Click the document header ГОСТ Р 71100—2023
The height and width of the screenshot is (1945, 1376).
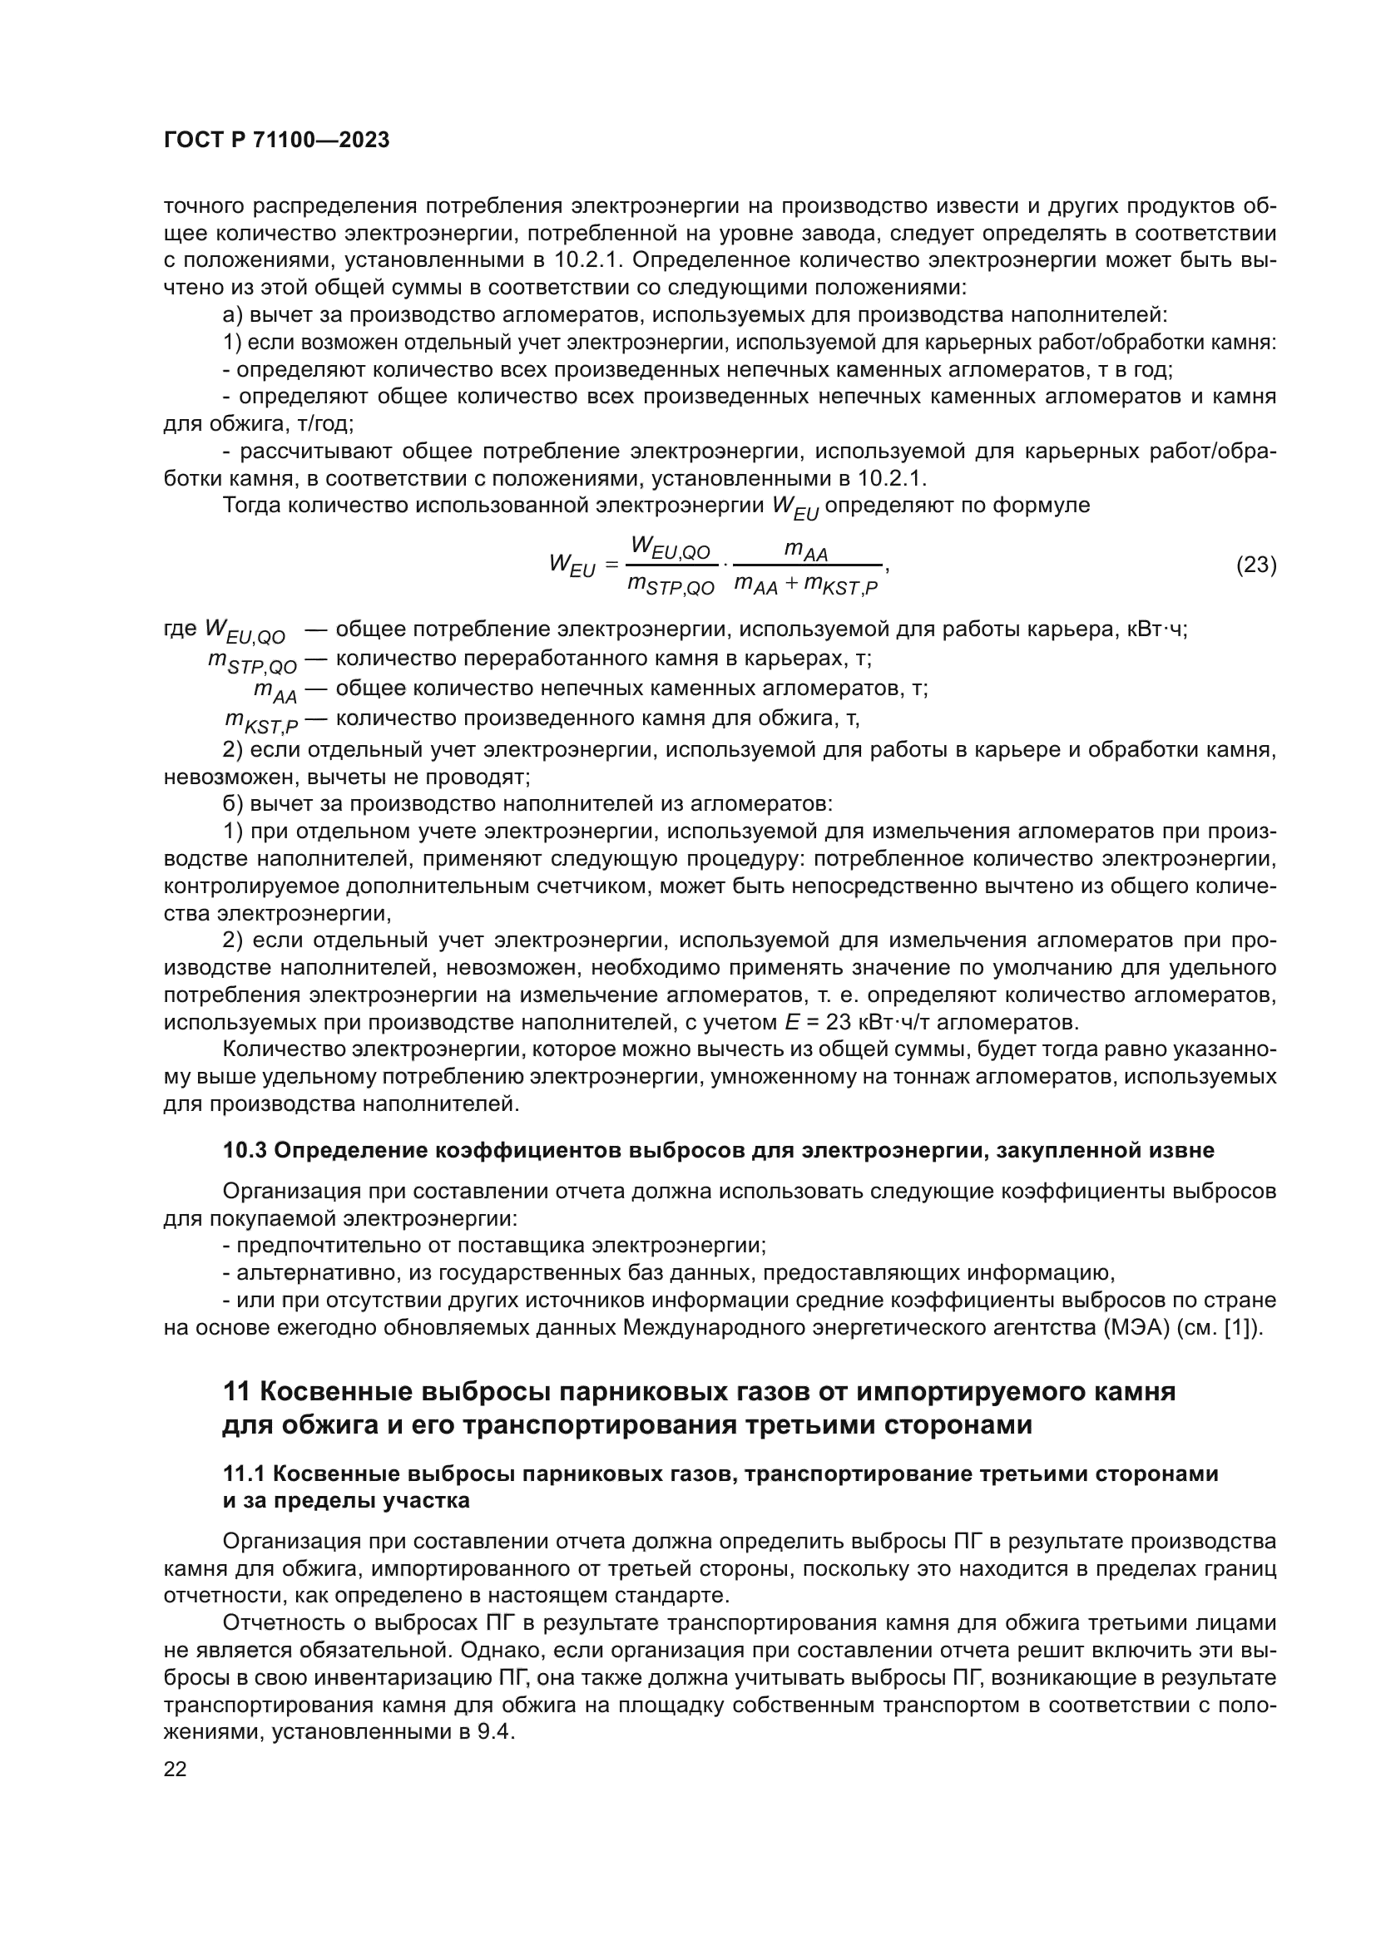coord(276,141)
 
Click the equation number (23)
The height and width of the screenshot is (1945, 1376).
coord(1255,564)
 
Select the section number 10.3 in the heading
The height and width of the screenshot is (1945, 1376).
coord(245,1150)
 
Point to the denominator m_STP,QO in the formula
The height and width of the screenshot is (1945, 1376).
coord(671,585)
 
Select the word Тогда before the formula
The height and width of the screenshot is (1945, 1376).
coord(253,506)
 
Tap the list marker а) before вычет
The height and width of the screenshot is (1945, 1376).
coord(233,316)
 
